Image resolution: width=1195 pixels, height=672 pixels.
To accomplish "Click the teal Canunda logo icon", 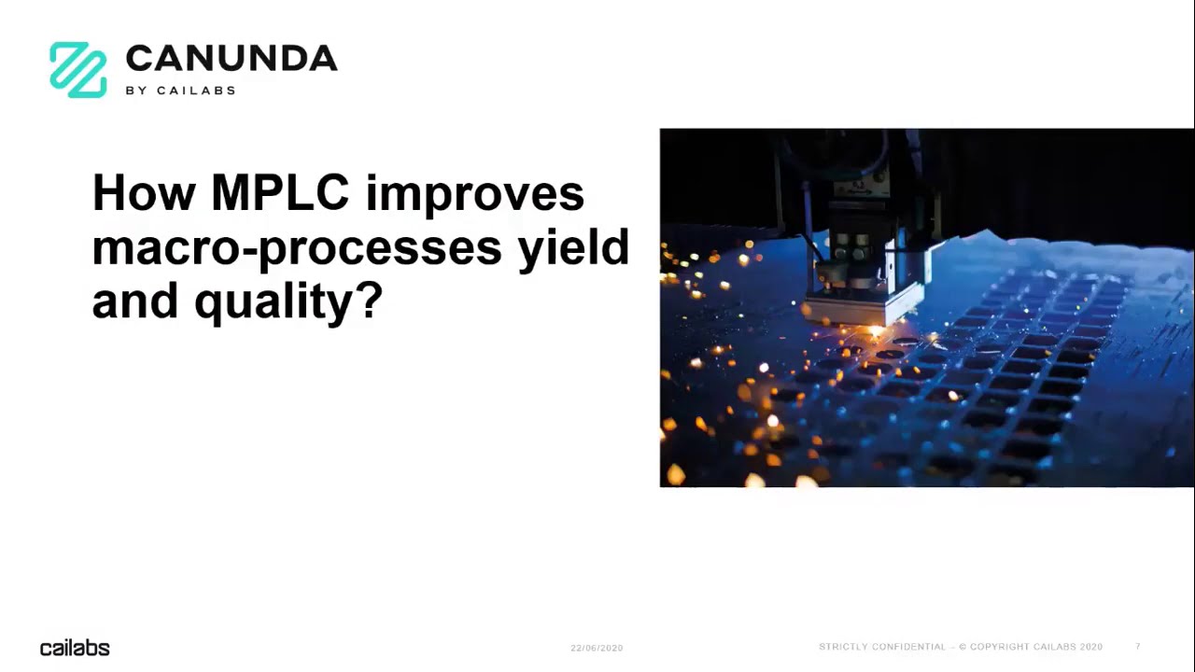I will tap(78, 70).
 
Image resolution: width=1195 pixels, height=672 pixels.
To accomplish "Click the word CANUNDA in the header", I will tap(231, 59).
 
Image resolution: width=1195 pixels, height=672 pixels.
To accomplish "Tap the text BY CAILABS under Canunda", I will tap(180, 91).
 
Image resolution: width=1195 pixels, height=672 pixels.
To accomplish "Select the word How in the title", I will tap(144, 193).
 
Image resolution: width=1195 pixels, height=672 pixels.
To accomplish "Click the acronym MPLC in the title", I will tap(280, 193).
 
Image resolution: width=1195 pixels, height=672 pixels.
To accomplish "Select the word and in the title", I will tap(135, 301).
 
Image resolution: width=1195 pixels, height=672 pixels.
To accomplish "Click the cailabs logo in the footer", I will tap(75, 648).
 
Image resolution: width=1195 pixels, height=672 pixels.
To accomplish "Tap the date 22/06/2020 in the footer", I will tap(597, 648).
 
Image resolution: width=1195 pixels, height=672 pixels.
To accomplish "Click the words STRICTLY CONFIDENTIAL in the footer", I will tap(882, 647).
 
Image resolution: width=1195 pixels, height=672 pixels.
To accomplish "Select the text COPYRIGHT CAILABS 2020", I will tap(1036, 647).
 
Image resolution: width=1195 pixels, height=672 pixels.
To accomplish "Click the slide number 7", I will tap(1138, 647).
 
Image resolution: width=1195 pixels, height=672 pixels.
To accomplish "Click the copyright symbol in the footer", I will tap(963, 647).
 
